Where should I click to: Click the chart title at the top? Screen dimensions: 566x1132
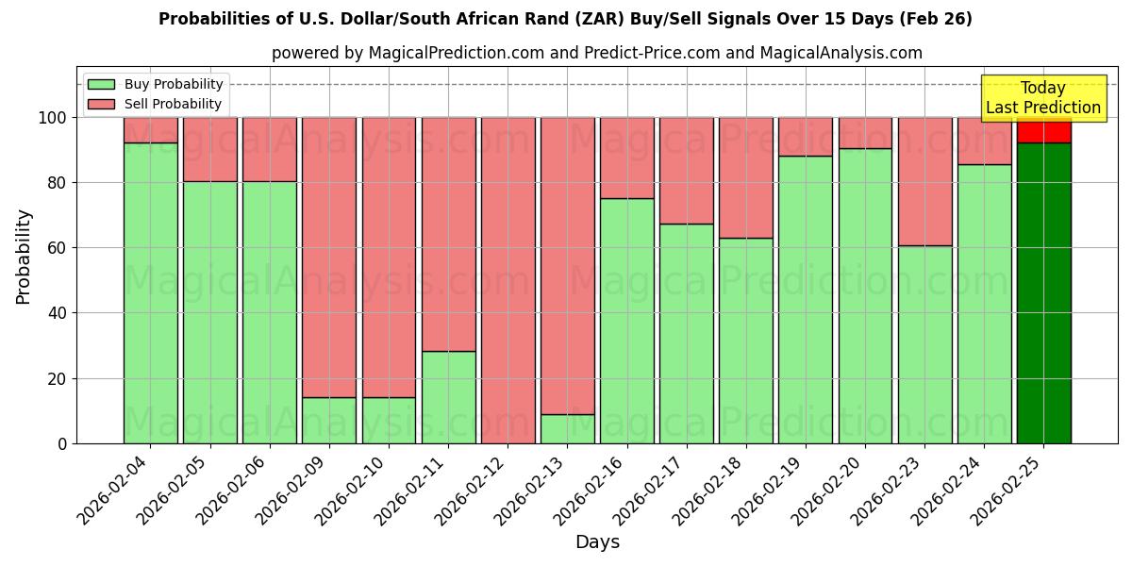point(565,19)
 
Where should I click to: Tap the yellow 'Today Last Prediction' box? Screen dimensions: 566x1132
point(1042,98)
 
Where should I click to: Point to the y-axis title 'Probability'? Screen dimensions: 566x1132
point(24,257)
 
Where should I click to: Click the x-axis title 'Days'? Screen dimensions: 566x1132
point(597,542)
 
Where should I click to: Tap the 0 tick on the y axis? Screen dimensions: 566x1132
point(62,443)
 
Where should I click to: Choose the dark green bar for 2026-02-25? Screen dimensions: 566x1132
point(1043,292)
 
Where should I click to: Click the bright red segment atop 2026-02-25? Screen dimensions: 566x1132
point(1043,130)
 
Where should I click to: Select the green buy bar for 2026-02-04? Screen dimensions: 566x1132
point(150,292)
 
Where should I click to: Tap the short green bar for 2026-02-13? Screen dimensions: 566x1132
point(567,429)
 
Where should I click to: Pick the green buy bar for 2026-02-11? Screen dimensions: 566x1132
point(448,397)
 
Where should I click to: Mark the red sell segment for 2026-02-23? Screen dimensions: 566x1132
point(924,170)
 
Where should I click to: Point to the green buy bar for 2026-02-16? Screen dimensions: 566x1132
point(626,321)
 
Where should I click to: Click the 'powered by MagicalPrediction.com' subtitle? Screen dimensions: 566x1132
point(596,53)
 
